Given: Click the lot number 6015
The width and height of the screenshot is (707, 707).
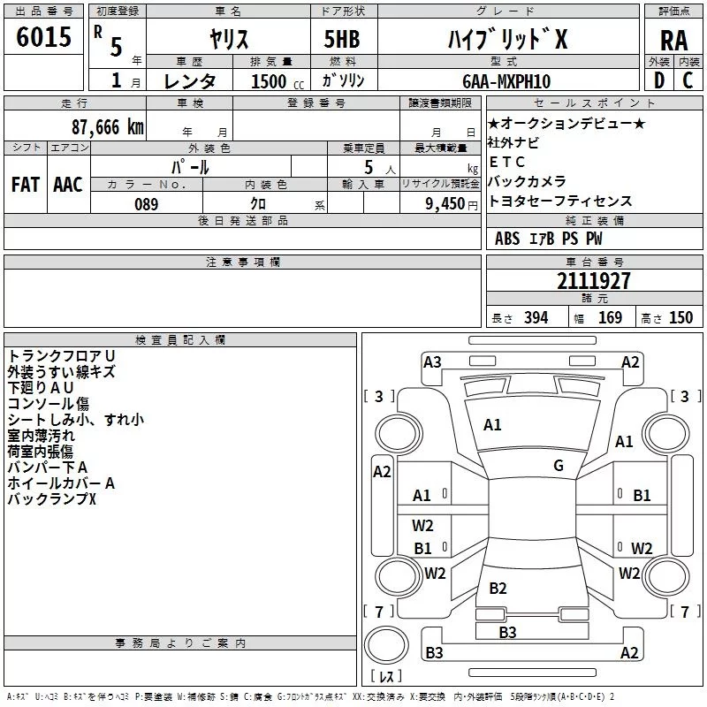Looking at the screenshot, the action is (x=43, y=37).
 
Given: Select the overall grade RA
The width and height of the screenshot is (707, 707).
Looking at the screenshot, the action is (x=673, y=41).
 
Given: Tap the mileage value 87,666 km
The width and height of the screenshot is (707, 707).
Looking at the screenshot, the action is (x=108, y=127).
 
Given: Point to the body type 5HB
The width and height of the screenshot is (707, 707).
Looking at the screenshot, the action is (x=342, y=39).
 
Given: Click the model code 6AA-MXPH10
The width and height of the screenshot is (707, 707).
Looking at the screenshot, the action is (x=506, y=81).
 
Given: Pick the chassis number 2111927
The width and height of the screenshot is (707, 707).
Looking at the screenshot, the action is (x=593, y=281).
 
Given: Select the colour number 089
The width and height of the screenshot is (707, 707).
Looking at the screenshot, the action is (x=146, y=204).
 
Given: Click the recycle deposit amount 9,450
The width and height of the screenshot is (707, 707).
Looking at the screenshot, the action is (x=445, y=204).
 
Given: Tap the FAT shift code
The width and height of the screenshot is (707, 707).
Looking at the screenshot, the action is (x=26, y=185).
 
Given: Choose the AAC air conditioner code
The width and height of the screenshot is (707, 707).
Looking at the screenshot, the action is (x=68, y=185).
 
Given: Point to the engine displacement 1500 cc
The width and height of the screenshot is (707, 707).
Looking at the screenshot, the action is (x=277, y=81).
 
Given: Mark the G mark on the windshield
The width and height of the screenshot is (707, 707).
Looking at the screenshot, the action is (x=559, y=466).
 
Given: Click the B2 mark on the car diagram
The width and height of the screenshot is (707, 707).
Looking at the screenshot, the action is (x=498, y=588).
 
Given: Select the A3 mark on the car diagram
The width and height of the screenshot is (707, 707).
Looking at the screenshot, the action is (x=432, y=362).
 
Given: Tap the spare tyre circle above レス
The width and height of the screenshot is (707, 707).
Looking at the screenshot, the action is (x=386, y=644).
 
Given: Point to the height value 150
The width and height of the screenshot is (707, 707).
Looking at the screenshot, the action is (x=680, y=318).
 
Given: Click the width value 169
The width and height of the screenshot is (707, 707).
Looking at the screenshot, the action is (x=610, y=318).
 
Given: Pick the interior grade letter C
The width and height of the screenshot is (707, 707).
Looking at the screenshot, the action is (x=688, y=80).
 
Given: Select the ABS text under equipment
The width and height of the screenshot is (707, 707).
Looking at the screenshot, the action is (x=507, y=239).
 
